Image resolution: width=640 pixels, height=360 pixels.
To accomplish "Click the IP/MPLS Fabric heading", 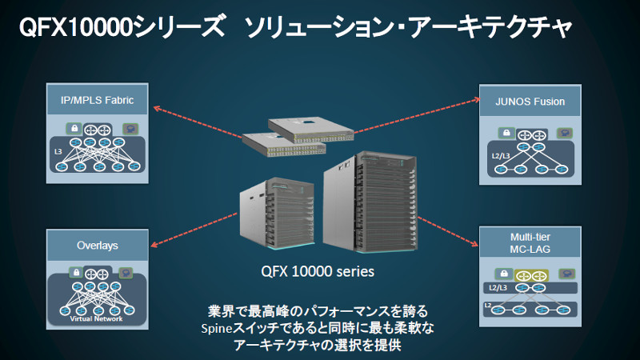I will [x=97, y=101].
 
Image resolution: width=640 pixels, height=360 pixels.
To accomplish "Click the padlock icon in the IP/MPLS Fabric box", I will [x=74, y=127].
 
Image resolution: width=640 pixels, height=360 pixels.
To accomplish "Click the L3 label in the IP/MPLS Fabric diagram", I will [x=58, y=150].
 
